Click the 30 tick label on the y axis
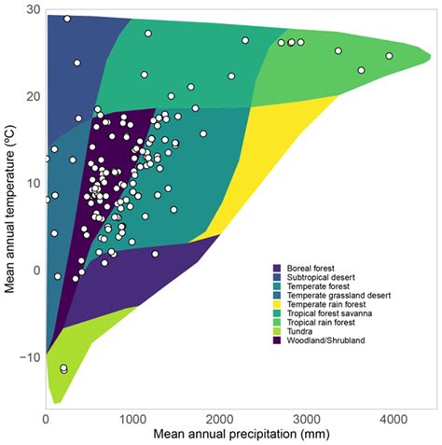(x=29, y=9)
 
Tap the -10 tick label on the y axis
(x=26, y=357)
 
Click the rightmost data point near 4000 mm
(x=390, y=56)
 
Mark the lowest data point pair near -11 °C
(x=63, y=369)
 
